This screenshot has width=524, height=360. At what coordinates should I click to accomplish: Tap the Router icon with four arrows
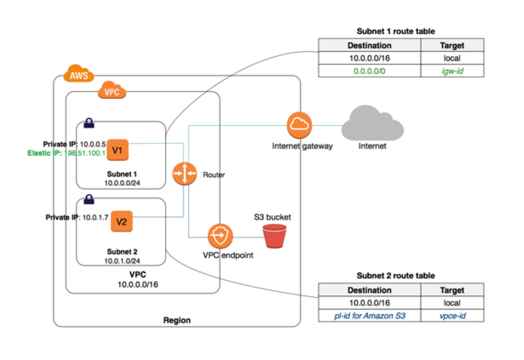click(183, 173)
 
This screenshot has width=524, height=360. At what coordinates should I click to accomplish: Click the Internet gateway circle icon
click(300, 125)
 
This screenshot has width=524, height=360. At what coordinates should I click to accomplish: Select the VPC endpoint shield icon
click(221, 236)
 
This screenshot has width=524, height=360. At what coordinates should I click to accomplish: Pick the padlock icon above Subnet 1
click(89, 123)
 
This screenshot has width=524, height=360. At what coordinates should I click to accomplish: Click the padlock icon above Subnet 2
click(89, 199)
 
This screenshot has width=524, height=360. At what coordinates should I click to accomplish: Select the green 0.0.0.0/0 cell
click(369, 71)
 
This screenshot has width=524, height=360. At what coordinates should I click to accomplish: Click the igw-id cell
click(452, 71)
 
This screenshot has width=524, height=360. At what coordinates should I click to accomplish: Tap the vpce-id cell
click(452, 315)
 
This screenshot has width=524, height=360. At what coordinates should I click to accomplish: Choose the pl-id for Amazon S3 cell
click(369, 315)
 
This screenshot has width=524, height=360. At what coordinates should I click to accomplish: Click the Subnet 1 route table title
click(396, 31)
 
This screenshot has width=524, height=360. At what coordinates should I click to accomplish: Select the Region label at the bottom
click(177, 320)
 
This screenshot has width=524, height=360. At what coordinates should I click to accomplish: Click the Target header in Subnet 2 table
click(452, 290)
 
